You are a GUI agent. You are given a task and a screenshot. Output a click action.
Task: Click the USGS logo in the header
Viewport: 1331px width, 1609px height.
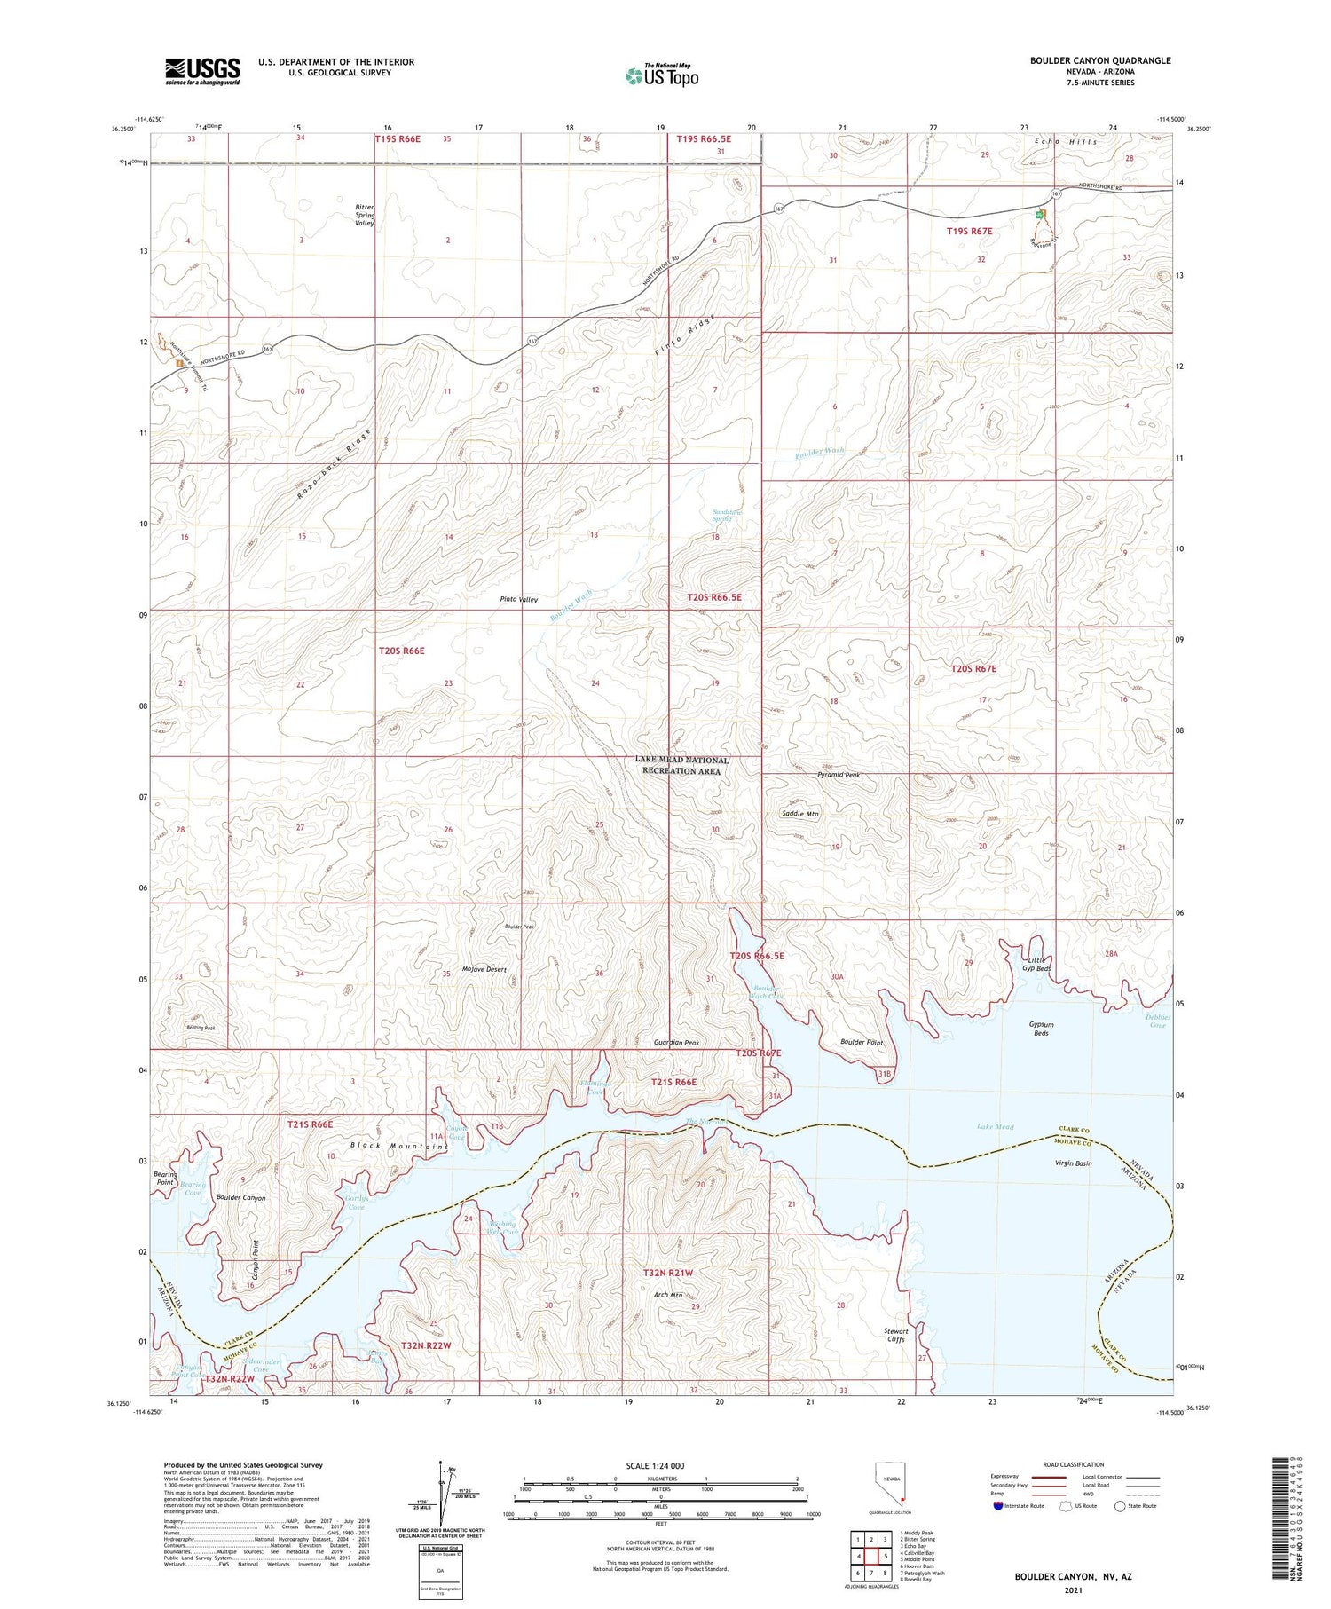click(x=202, y=71)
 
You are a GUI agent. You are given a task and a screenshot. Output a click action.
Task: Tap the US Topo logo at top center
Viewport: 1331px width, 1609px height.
click(x=662, y=75)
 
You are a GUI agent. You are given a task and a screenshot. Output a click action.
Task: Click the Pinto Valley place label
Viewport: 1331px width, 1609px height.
click(x=519, y=600)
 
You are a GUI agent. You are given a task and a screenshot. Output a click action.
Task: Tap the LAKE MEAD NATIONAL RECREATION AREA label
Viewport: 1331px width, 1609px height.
click(x=682, y=765)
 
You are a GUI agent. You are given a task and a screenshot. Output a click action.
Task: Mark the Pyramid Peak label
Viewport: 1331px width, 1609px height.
click(x=838, y=775)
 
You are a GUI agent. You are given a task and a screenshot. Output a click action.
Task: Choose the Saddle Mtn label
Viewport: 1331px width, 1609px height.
click(x=799, y=813)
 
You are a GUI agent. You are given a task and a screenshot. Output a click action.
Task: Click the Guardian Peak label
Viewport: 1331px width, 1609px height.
click(x=677, y=1043)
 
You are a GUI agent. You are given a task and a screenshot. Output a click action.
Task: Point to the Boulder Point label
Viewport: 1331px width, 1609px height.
click(x=861, y=1042)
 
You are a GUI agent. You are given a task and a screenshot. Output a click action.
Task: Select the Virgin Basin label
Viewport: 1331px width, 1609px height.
click(x=1072, y=1163)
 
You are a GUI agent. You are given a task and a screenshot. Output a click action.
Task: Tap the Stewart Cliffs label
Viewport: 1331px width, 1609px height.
click(x=895, y=1335)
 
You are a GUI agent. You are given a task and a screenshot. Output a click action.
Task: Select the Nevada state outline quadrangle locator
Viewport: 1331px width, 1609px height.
click(x=892, y=1485)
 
